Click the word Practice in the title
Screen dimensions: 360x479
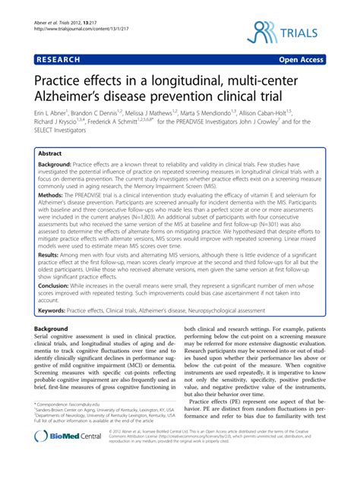pyautogui.click(x=56, y=77)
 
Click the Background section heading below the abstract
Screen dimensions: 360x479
pyautogui.click(x=52, y=351)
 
